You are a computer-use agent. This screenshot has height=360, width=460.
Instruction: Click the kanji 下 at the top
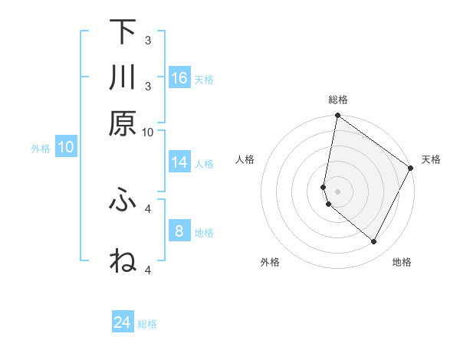pyautogui.click(x=123, y=33)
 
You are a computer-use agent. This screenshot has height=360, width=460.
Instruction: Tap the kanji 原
pyautogui.click(x=123, y=124)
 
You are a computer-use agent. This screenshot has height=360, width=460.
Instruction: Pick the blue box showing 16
pyautogui.click(x=179, y=77)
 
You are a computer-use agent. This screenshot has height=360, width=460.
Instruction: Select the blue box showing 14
pyautogui.click(x=179, y=162)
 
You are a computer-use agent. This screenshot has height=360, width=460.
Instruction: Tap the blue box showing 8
pyautogui.click(x=179, y=231)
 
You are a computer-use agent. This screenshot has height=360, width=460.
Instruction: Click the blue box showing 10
pyautogui.click(x=66, y=147)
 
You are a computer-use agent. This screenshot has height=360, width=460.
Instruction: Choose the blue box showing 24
pyautogui.click(x=123, y=322)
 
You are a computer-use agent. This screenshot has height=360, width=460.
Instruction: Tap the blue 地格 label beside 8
pyautogui.click(x=205, y=233)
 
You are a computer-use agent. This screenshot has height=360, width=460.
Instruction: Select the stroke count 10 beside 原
pyautogui.click(x=148, y=132)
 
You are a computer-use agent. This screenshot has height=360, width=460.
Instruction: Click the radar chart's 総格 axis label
pyautogui.click(x=338, y=100)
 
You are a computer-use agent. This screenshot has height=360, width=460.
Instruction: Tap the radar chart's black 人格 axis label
pyautogui.click(x=245, y=159)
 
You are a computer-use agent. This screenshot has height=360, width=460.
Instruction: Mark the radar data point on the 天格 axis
pyautogui.click(x=411, y=169)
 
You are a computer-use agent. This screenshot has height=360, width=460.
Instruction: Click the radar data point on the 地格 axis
pyautogui.click(x=374, y=242)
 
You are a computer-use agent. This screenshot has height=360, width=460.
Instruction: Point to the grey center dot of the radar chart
pyautogui.click(x=338, y=191)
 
